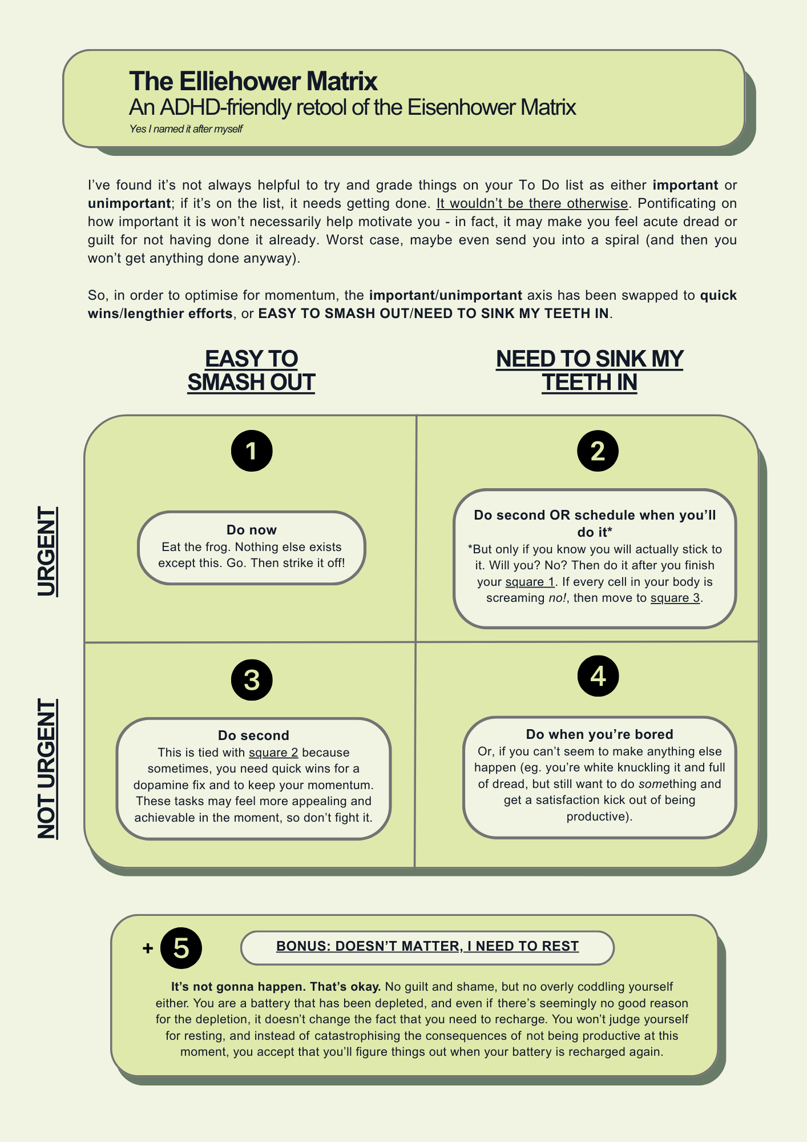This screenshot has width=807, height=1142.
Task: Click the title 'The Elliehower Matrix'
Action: tap(253, 82)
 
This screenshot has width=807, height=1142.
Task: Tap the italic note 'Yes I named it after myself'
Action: tap(185, 129)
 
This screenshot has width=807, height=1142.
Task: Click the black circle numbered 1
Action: tap(252, 451)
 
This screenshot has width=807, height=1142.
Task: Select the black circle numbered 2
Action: tap(598, 451)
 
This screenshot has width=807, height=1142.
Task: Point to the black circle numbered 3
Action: tap(252, 679)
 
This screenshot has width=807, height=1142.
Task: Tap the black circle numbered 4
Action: tap(598, 676)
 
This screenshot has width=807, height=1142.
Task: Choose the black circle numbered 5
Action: tap(181, 948)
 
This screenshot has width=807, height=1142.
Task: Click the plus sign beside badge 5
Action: tap(148, 948)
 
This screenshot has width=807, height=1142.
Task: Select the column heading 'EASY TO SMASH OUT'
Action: tap(251, 371)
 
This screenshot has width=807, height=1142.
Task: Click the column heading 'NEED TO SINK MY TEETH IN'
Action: tap(590, 371)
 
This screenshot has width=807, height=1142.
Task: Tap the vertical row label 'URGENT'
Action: tap(47, 551)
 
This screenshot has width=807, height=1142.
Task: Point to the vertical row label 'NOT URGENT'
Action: tap(47, 769)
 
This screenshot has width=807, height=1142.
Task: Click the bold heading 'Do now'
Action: tap(252, 530)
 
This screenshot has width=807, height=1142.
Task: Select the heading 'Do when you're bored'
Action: tap(599, 734)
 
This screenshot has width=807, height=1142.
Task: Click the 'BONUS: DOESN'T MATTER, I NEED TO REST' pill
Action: tap(427, 946)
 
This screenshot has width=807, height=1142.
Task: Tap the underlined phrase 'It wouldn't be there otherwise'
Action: tap(532, 203)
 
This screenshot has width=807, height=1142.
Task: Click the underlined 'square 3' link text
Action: tap(675, 598)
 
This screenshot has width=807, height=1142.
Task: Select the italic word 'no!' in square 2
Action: tap(558, 598)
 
